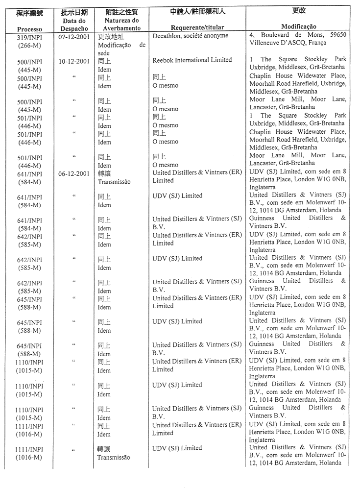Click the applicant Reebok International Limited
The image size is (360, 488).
192,60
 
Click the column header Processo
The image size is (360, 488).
29,29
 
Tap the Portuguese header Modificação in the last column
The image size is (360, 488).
298,26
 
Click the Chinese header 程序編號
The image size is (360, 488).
30,12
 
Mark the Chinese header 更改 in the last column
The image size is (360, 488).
299,10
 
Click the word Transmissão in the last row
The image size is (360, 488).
114,457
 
